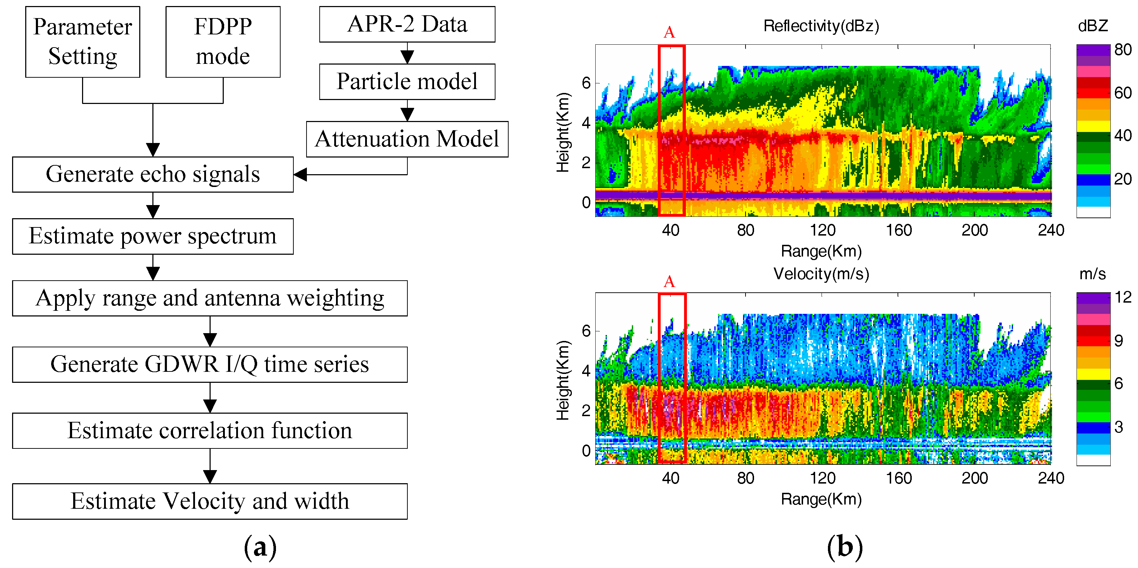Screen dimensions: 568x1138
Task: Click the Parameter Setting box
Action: pos(83,42)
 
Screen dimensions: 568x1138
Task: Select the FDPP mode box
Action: pos(223,42)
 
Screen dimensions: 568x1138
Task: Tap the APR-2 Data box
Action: pos(407,24)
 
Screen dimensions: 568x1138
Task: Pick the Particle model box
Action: pos(407,82)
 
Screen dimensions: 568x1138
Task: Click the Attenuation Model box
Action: pos(407,139)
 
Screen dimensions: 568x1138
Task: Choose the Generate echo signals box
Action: pos(152,174)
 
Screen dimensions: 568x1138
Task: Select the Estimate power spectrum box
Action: pos(152,236)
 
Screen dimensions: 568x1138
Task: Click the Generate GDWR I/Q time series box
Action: pos(210,365)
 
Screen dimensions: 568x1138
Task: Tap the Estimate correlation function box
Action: pos(210,431)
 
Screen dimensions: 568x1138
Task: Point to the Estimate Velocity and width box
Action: pos(210,501)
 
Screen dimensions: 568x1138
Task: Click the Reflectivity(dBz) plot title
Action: pos(821,26)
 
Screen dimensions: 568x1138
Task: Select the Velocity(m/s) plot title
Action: pos(821,274)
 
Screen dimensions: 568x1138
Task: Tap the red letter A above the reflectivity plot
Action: pos(669,32)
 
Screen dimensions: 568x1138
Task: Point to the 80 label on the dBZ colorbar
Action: pos(1122,49)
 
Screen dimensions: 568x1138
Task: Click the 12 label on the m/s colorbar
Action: pos(1122,297)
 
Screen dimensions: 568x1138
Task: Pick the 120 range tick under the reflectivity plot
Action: pos(822,230)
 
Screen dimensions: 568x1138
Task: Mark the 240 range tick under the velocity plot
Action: pos(1051,478)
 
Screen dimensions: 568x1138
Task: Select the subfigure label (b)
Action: pos(845,547)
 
